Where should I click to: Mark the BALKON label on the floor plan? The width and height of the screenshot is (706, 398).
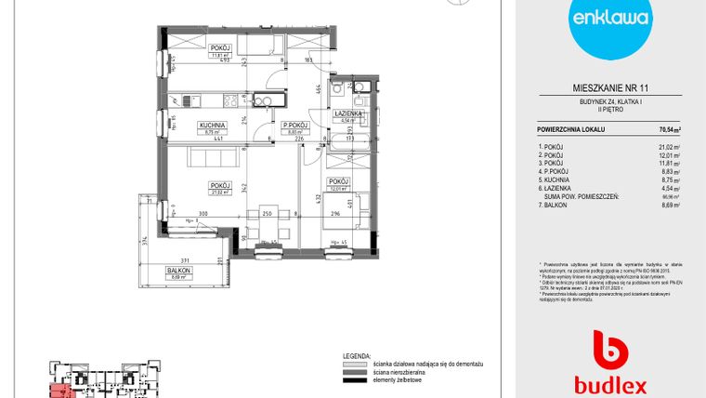pos(181,269)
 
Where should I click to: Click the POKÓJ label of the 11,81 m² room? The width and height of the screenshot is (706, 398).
pos(220,46)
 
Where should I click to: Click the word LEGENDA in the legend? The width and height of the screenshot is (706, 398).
pos(357,355)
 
